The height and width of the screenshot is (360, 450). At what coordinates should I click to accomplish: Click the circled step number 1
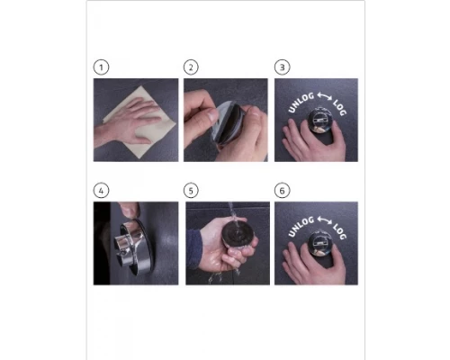click(x=101, y=67)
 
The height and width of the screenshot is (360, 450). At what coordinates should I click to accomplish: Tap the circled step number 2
click(x=191, y=67)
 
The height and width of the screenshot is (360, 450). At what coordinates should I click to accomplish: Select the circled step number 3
click(x=282, y=67)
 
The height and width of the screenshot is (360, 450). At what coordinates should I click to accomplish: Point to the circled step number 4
click(x=101, y=191)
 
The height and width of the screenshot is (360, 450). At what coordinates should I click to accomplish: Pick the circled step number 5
click(x=191, y=191)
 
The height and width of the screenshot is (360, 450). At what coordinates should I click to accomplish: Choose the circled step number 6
click(x=282, y=191)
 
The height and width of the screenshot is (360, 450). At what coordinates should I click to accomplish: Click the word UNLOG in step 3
click(x=301, y=103)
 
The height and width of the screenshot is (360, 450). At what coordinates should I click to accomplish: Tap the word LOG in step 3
click(x=339, y=107)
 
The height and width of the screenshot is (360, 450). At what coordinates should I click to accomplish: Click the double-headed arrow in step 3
click(x=324, y=96)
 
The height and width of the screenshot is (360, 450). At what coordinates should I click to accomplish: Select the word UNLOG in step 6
click(x=301, y=226)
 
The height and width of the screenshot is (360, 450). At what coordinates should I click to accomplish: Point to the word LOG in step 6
click(x=339, y=231)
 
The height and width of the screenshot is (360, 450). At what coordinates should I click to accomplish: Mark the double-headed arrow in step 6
click(x=324, y=220)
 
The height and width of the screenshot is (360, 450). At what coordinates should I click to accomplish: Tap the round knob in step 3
click(x=319, y=120)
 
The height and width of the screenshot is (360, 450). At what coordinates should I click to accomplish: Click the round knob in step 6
click(x=319, y=243)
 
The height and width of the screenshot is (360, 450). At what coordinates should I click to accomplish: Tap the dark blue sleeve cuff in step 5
click(x=193, y=248)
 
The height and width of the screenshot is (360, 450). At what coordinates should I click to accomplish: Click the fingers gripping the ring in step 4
click(x=129, y=210)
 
